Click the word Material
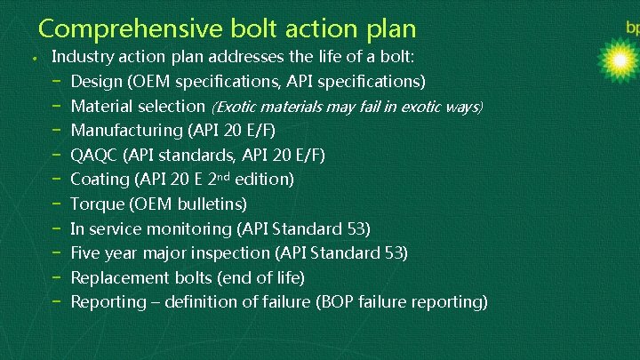100,107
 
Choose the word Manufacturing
126,131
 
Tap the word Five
86,253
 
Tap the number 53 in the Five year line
395,253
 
